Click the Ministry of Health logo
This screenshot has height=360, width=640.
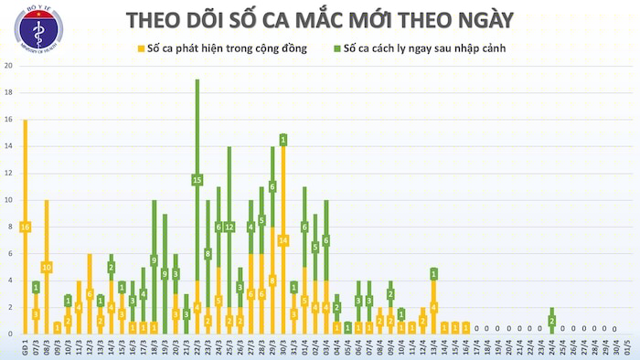coord(38,28)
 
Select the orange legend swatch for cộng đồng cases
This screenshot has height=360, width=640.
coord(141,48)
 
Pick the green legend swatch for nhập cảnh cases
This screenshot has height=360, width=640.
coord(338,48)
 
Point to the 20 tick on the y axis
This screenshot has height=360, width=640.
coord(8,66)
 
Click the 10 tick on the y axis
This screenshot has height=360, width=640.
coord(8,199)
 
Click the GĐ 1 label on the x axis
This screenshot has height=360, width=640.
coord(25,349)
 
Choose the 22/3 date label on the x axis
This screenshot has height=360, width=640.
coord(197,349)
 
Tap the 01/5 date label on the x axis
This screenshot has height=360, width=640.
coord(624,349)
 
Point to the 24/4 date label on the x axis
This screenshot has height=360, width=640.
coord(551,349)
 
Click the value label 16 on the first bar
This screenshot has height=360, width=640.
coord(25,227)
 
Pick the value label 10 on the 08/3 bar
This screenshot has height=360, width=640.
coord(46,267)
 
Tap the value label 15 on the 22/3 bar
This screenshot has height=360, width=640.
coord(197,180)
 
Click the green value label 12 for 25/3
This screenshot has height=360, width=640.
coord(229,227)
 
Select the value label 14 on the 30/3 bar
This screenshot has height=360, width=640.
coord(283,239)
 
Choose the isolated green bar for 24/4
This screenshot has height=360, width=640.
coord(551,320)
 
